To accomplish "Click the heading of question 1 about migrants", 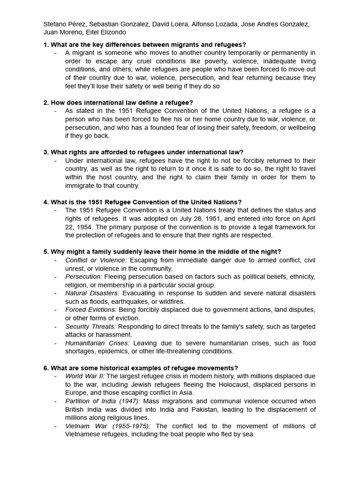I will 144,45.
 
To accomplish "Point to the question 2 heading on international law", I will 118,103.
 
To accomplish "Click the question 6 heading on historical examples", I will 141,368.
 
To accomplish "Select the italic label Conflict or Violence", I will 96,260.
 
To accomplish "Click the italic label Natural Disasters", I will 92,293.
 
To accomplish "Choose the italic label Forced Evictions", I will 91,310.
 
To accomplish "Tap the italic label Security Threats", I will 90,327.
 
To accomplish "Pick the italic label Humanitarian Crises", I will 97,343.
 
